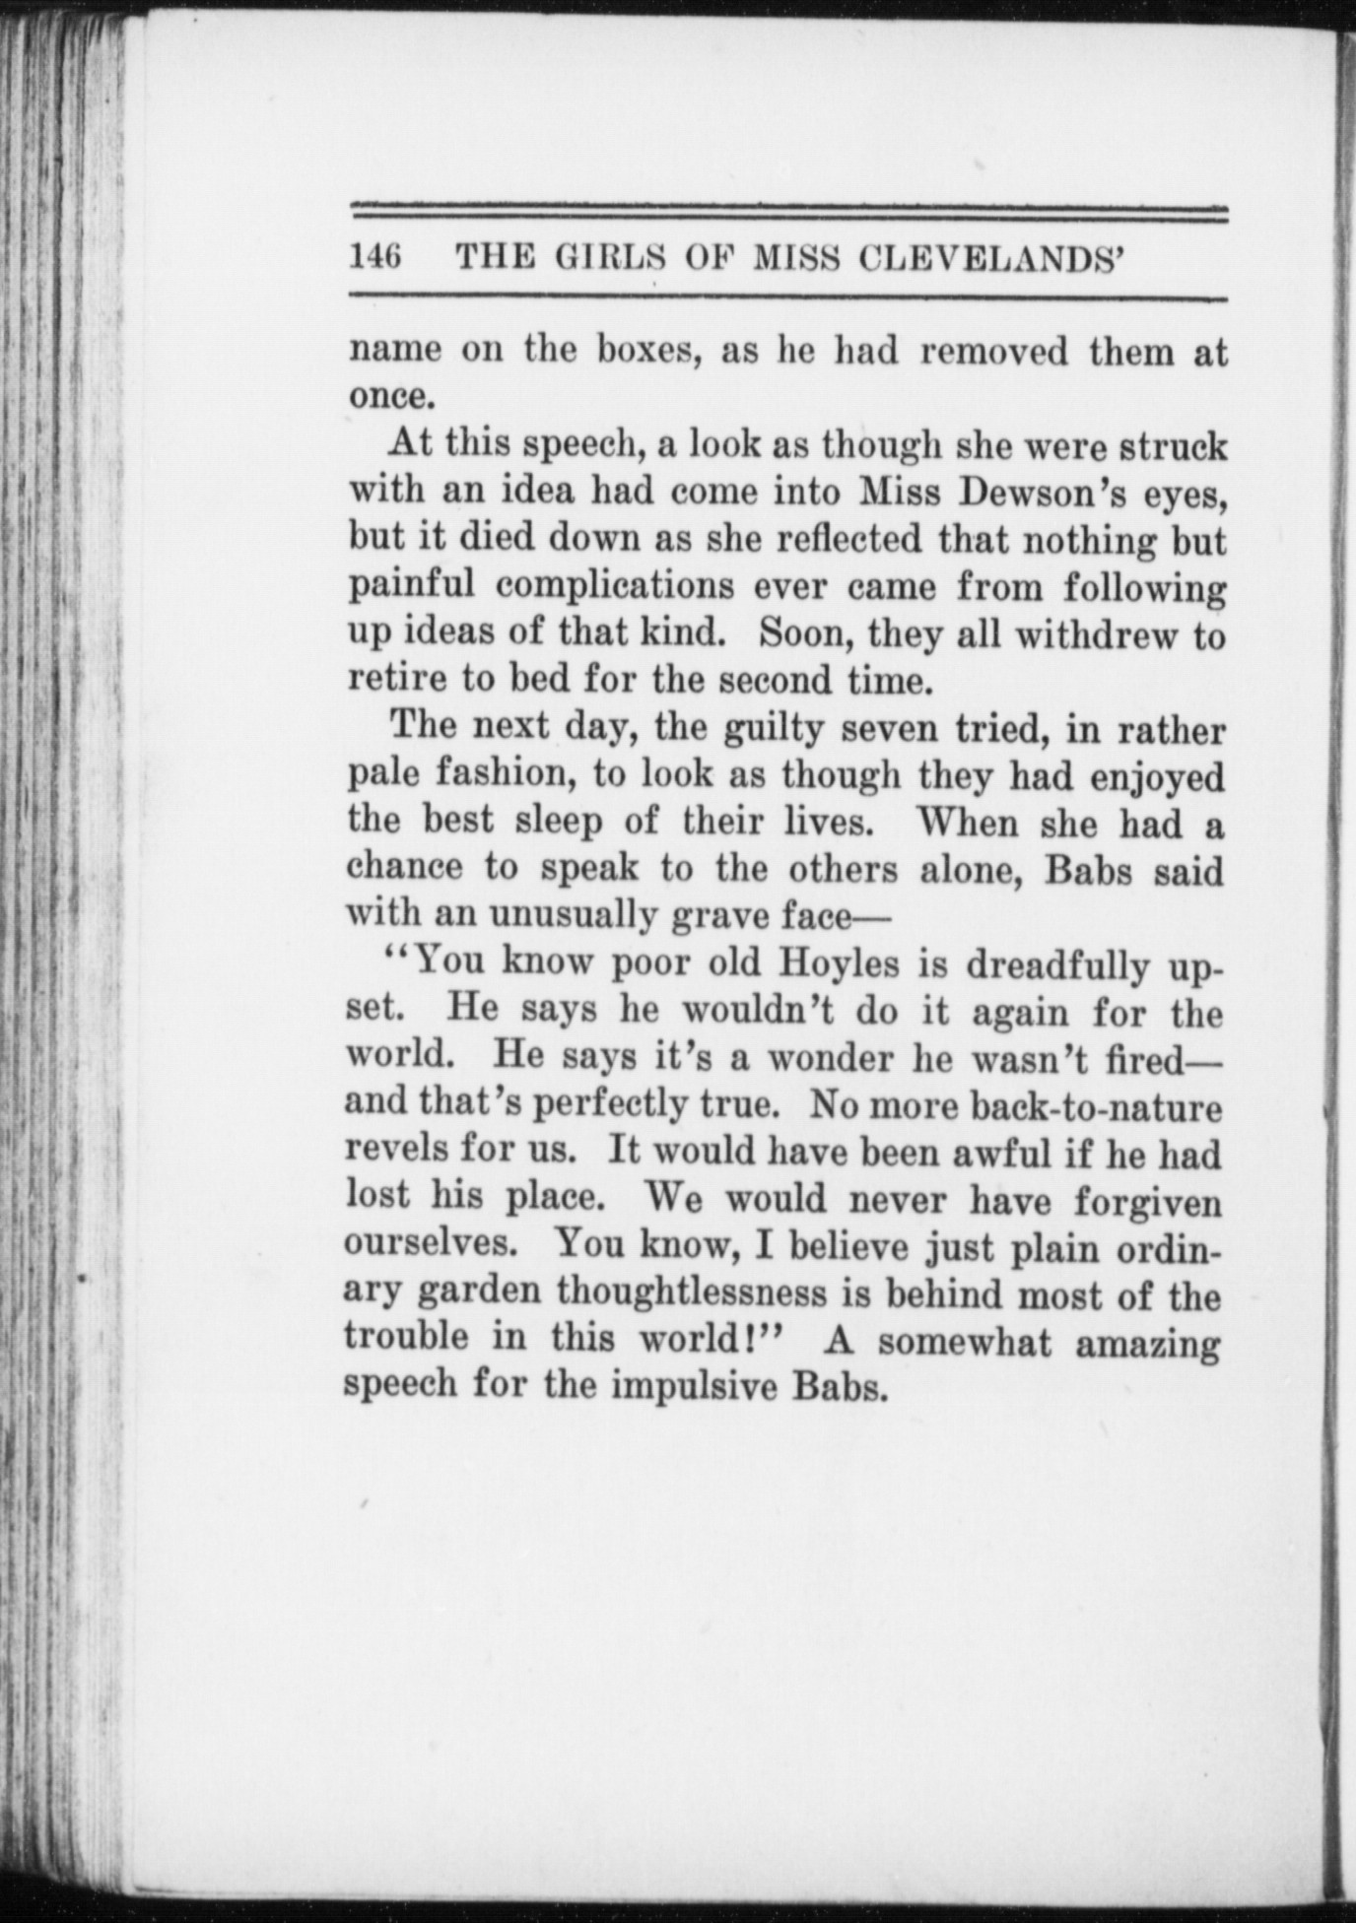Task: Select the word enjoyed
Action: (1158, 777)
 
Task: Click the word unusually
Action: (574, 915)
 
